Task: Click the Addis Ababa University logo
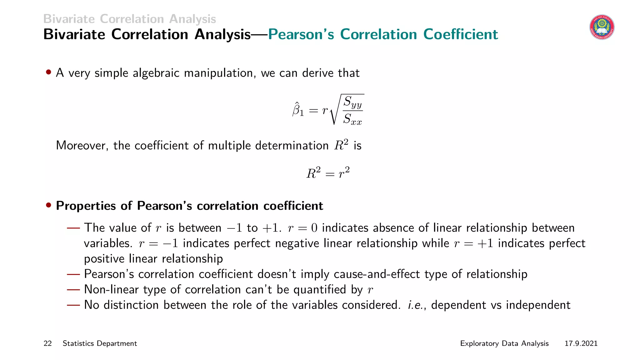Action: [602, 27]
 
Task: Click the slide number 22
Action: [47, 343]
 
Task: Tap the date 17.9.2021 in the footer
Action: [581, 343]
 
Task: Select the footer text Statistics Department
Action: [100, 343]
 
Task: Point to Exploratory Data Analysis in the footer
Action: [504, 343]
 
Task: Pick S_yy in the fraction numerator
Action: [353, 102]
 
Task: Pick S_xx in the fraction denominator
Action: [352, 119]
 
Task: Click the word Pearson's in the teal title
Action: [301, 34]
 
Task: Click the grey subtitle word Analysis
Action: [192, 19]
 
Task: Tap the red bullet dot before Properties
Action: [48, 205]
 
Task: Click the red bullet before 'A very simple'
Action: [48, 72]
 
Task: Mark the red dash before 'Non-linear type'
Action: [74, 290]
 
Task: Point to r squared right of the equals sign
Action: [344, 173]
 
